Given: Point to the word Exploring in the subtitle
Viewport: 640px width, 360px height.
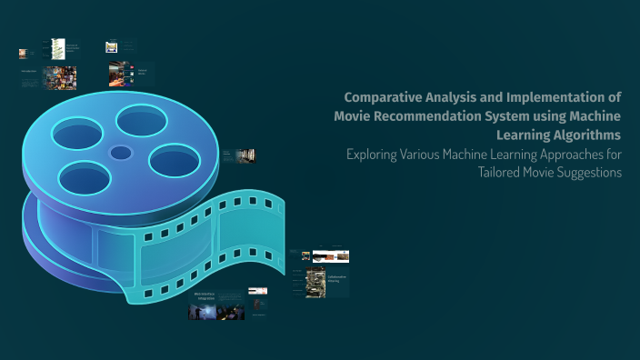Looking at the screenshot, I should pyautogui.click(x=373, y=154).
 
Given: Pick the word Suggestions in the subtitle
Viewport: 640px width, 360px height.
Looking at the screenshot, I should pyautogui.click(x=589, y=173).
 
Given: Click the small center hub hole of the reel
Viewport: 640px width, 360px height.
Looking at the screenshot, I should pyautogui.click(x=120, y=152).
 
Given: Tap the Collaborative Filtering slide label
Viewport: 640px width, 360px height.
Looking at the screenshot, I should pyautogui.click(x=338, y=278).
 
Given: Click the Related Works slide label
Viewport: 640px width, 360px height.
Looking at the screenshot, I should pyautogui.click(x=142, y=70).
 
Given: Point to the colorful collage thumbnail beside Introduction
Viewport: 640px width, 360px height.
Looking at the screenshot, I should pyautogui.click(x=60, y=77).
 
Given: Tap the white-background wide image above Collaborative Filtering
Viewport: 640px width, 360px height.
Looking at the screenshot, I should pyautogui.click(x=331, y=256).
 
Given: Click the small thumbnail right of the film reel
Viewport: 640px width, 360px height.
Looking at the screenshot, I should pyautogui.click(x=245, y=156).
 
